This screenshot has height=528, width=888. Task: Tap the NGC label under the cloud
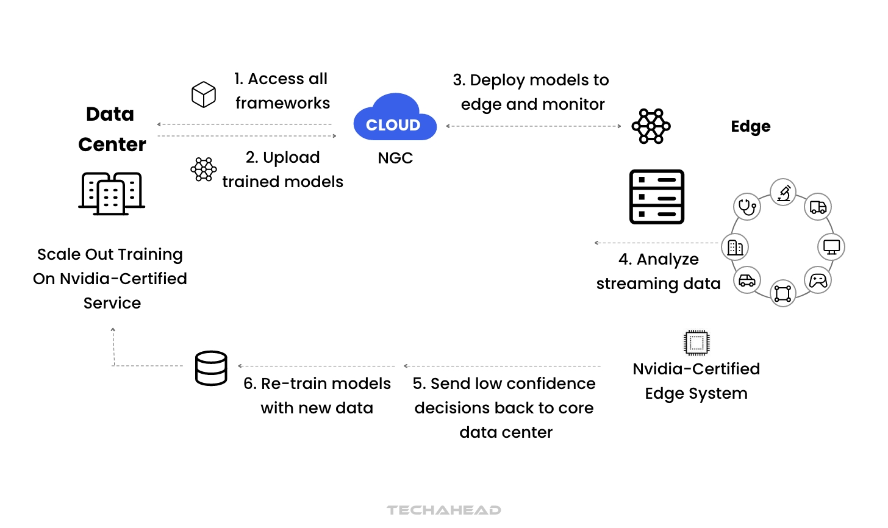395,158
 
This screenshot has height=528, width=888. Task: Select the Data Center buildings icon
112,193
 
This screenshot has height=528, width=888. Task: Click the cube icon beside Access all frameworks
203,95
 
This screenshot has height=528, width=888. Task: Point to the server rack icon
657,197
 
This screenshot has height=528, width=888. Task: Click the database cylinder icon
211,368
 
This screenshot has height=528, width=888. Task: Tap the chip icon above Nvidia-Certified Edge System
696,343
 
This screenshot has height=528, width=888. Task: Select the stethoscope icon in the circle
747,207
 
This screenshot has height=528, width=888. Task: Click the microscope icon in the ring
784,193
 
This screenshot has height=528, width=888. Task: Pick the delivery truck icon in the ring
818,207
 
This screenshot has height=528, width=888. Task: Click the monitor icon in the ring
831,247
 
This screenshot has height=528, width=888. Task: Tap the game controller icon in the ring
818,280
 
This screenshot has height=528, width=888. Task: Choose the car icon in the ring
747,280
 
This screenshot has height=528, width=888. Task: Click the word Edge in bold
750,126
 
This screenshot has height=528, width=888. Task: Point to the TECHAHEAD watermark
444,510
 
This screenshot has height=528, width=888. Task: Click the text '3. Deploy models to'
531,80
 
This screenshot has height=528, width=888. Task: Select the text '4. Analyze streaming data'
659,271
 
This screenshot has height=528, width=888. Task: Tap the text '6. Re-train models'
317,384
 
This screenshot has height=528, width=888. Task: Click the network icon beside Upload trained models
203,169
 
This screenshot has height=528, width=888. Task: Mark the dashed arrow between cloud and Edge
534,126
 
